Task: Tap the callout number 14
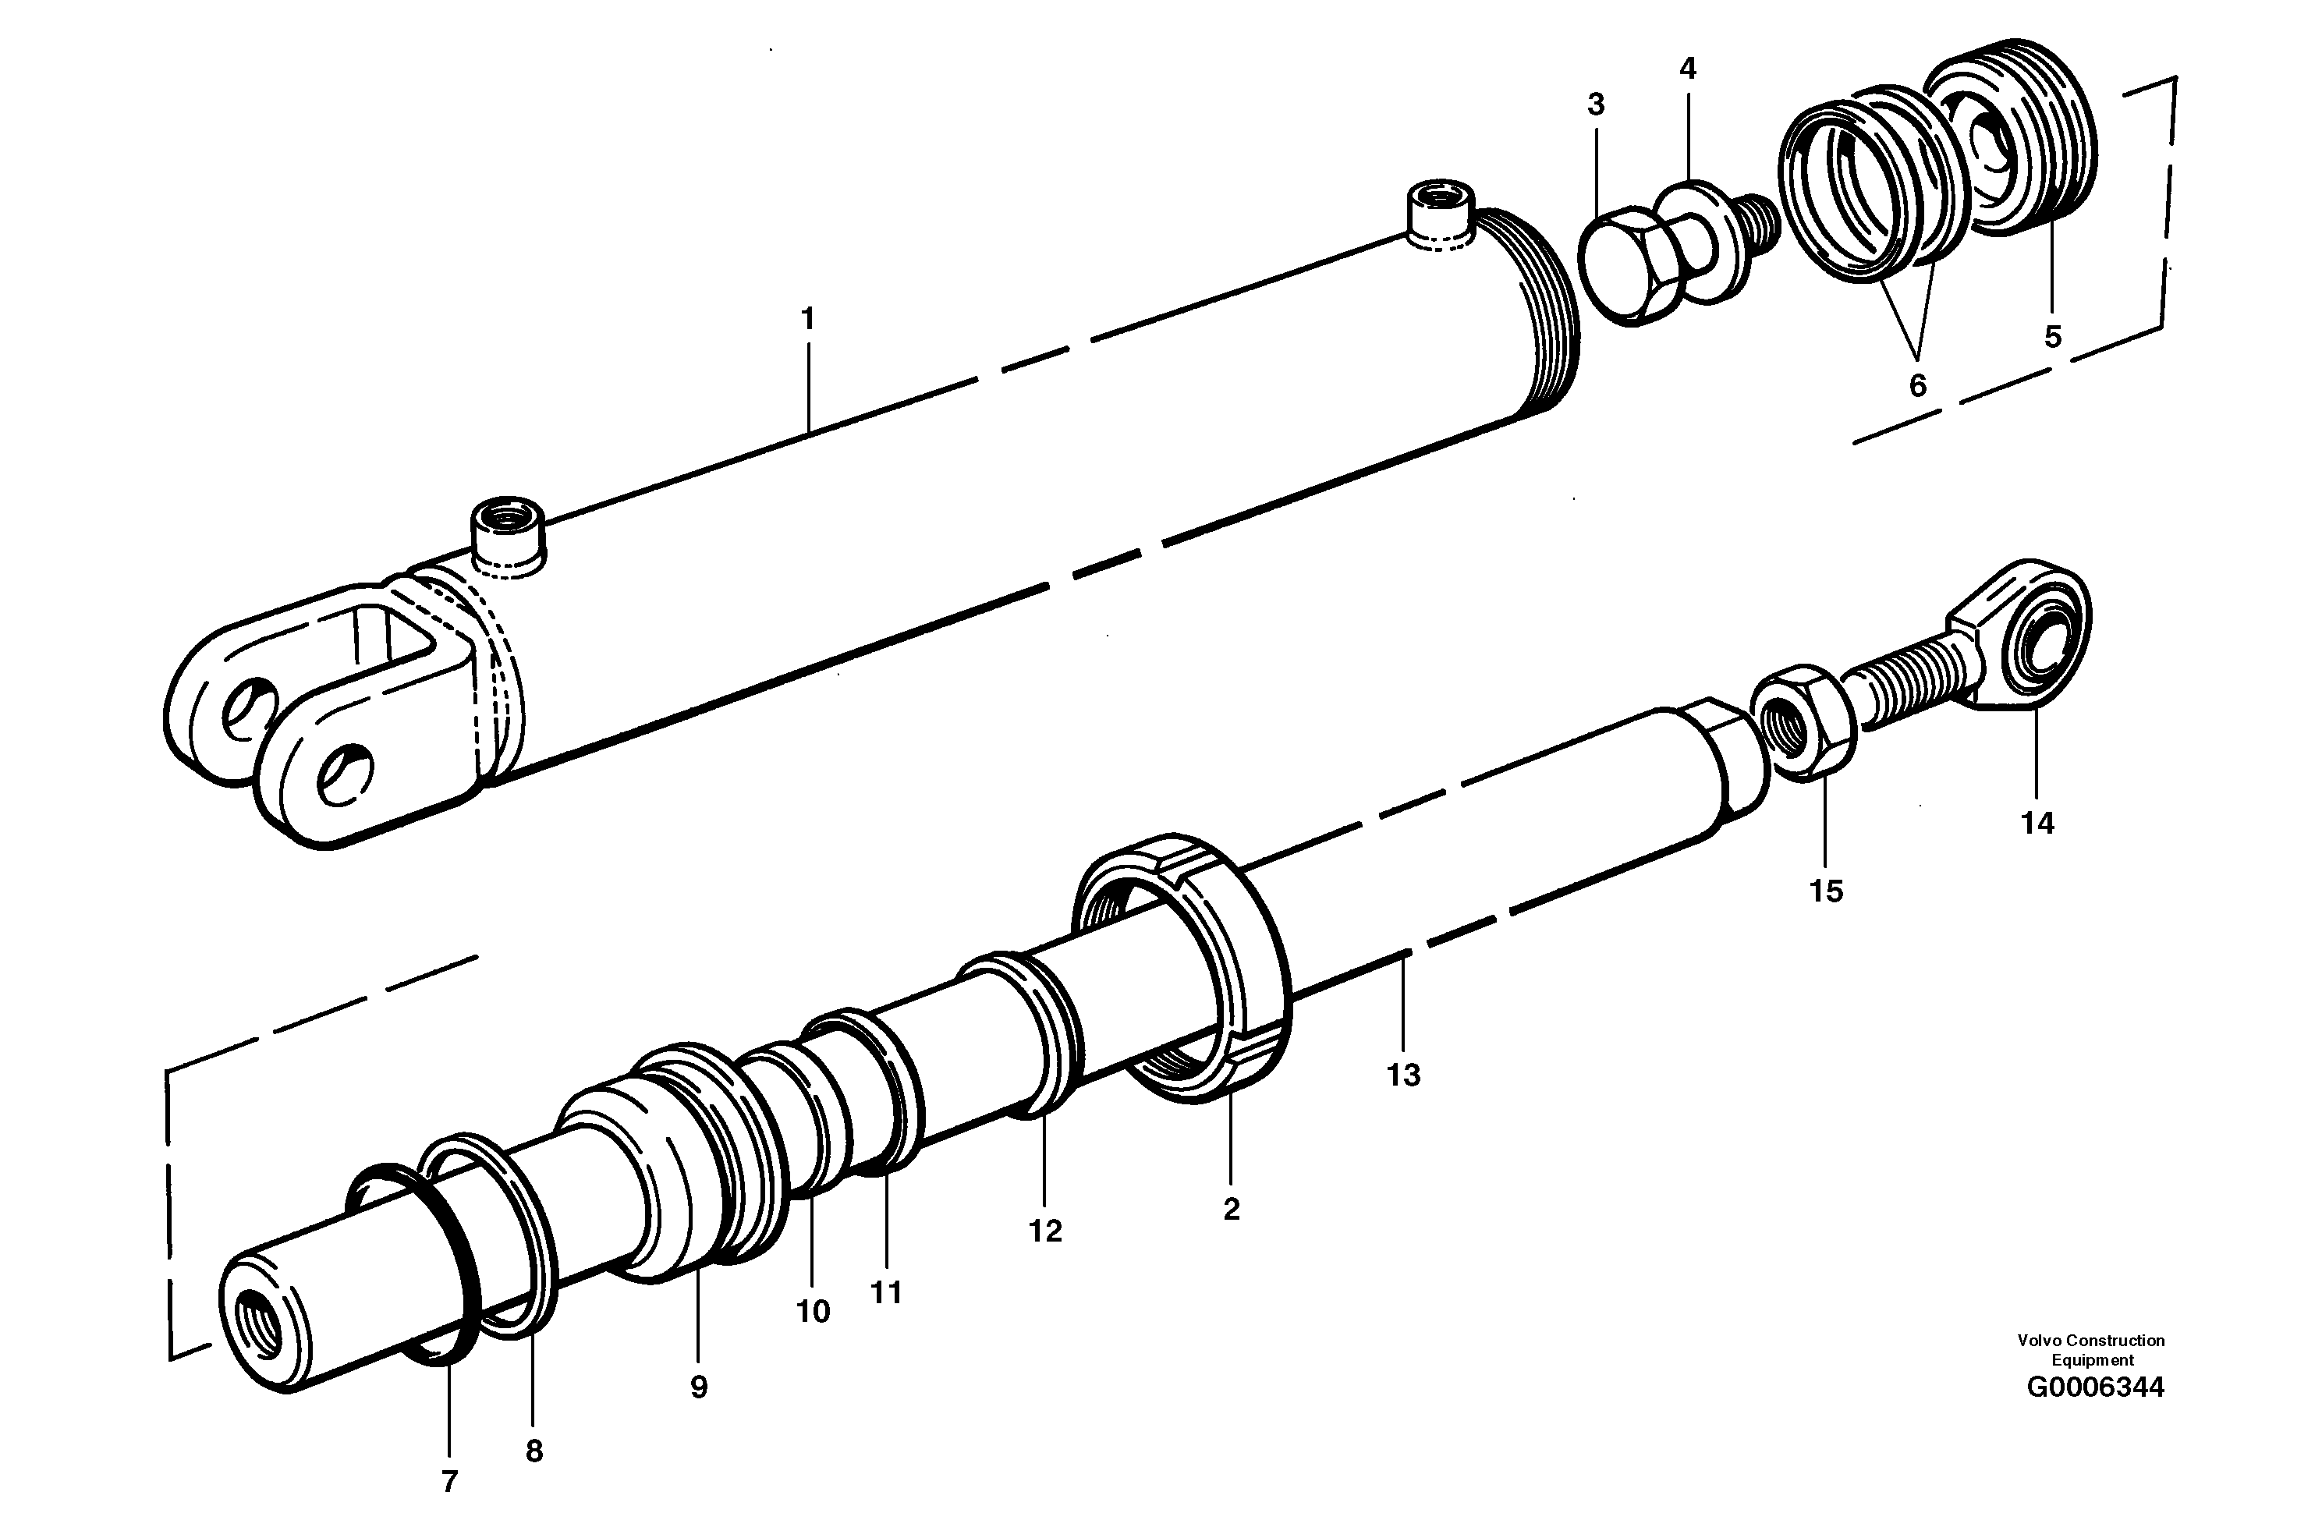pyautogui.click(x=2037, y=824)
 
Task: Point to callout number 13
pyautogui.click(x=1403, y=1075)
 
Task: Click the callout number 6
pyautogui.click(x=1917, y=386)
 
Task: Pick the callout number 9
pyautogui.click(x=699, y=1387)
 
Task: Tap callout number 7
pyautogui.click(x=448, y=1482)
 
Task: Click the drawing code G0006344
pyautogui.click(x=2095, y=1387)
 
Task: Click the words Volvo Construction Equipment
pyautogui.click(x=2091, y=1350)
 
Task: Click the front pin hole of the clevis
pyautogui.click(x=345, y=773)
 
